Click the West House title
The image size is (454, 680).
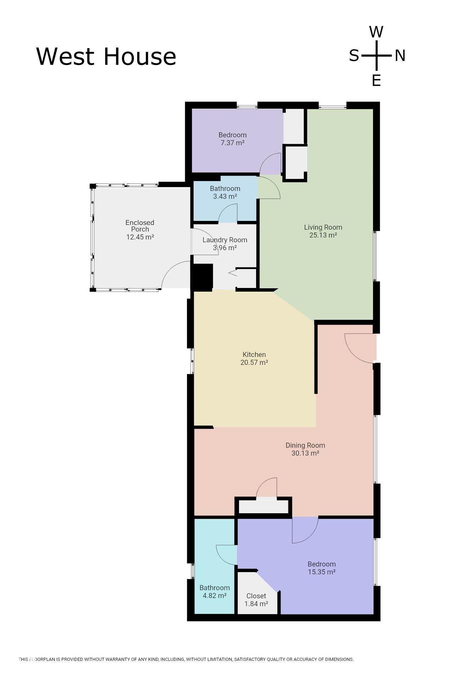pyautogui.click(x=106, y=56)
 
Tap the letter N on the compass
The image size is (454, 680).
pyautogui.click(x=400, y=56)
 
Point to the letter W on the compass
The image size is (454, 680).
pyautogui.click(x=376, y=32)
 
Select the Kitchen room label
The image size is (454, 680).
pyautogui.click(x=254, y=355)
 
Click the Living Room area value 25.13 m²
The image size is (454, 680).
pyautogui.click(x=323, y=235)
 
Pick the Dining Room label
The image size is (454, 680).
pyautogui.click(x=305, y=446)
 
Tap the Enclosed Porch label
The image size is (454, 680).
pyautogui.click(x=140, y=226)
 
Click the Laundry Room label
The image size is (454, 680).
pyautogui.click(x=225, y=240)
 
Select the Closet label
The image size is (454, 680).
pyautogui.click(x=256, y=596)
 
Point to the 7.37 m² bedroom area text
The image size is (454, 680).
pyautogui.click(x=233, y=143)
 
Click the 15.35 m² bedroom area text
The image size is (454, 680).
pyautogui.click(x=322, y=572)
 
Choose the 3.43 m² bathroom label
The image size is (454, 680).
pyautogui.click(x=225, y=196)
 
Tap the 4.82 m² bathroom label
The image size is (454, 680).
pyautogui.click(x=215, y=596)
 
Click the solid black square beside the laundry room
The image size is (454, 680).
pyautogui.click(x=202, y=277)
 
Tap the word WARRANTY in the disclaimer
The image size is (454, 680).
pyautogui.click(x=115, y=659)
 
